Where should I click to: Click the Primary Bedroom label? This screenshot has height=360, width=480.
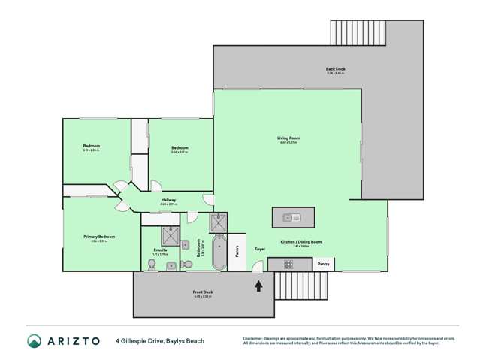tap(99, 237)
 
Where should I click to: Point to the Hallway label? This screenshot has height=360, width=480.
tap(168, 200)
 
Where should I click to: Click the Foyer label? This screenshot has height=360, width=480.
tap(260, 248)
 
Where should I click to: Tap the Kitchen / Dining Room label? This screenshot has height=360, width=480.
tap(301, 241)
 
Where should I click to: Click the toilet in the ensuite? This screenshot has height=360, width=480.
tap(171, 265)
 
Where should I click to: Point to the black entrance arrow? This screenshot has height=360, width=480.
tap(260, 286)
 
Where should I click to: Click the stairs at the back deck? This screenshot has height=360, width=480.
tap(357, 32)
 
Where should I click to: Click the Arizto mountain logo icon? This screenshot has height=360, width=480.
tap(33, 340)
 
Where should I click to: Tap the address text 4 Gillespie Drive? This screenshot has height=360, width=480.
tap(140, 340)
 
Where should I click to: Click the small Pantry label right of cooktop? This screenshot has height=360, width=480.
tap(323, 264)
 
